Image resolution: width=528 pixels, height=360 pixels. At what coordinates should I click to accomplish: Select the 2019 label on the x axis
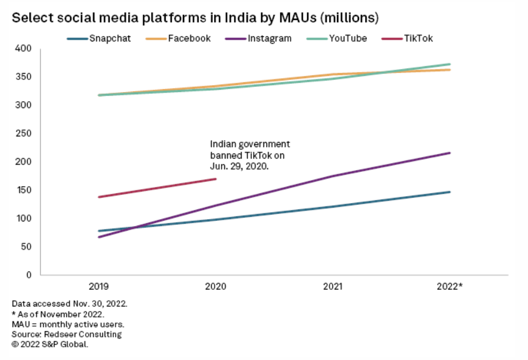pyautogui.click(x=99, y=286)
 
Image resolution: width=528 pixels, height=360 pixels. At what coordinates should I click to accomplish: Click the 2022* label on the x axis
pyautogui.click(x=450, y=286)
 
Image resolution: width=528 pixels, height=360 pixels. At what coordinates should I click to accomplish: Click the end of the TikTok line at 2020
pyautogui.click(x=216, y=179)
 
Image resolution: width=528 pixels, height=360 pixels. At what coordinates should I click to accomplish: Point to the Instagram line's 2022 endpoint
pyautogui.click(x=449, y=153)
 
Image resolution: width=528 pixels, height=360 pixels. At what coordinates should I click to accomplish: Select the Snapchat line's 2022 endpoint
pyautogui.click(x=449, y=192)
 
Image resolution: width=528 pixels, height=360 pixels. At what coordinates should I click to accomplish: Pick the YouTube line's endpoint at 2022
pyautogui.click(x=449, y=64)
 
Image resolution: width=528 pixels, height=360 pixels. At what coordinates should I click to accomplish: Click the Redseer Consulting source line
pyautogui.click(x=67, y=334)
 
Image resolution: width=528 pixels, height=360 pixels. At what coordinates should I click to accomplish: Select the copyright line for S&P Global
pyautogui.click(x=49, y=344)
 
